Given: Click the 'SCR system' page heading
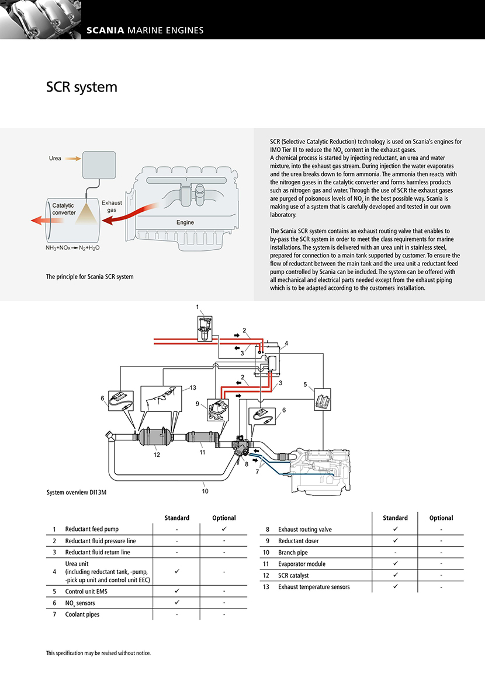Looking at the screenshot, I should [x=82, y=88].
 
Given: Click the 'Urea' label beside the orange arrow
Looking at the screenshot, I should [x=55, y=158].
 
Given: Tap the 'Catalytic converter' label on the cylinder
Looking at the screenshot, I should [x=64, y=209].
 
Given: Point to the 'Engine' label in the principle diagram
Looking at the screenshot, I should [x=185, y=222].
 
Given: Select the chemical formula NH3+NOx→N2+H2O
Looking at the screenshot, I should [x=72, y=247].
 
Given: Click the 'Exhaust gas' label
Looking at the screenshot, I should [x=112, y=207].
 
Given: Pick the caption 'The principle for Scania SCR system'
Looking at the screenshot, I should [x=89, y=277].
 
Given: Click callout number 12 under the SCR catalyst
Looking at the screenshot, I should [x=157, y=455].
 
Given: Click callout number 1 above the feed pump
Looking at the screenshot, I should [x=198, y=307].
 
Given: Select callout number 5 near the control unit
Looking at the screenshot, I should [x=305, y=384].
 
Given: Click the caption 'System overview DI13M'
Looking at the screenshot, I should [x=77, y=492].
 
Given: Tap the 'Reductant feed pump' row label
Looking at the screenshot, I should [x=92, y=529].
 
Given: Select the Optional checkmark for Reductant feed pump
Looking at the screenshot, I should [x=224, y=529].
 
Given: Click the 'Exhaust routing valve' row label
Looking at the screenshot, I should [x=304, y=529].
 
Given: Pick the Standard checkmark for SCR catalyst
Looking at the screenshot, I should [x=395, y=575].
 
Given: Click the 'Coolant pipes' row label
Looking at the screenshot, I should [x=82, y=614].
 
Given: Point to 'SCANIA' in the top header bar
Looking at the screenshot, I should [x=105, y=30].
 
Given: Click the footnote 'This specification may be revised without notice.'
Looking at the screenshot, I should [x=98, y=653].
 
